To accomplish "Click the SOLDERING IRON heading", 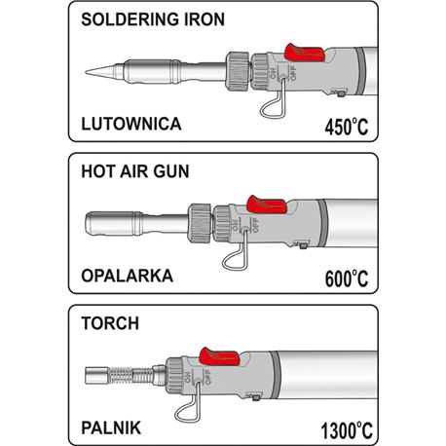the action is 153,19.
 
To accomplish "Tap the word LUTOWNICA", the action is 131,124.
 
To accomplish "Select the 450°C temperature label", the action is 347,127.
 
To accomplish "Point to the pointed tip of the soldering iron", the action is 87,72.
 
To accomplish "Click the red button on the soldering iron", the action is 305,53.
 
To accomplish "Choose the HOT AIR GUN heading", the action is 135,171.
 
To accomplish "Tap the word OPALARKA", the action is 128,276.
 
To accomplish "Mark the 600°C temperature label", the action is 347,279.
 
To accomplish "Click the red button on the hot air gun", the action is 267,204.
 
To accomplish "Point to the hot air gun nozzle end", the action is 87,223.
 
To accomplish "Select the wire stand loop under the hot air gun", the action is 235,258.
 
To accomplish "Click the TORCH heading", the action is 110,323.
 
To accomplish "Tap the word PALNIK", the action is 111,427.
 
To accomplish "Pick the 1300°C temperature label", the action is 347,430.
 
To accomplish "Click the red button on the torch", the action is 219,356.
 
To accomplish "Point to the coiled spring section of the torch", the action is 130,376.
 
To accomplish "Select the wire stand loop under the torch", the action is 188,410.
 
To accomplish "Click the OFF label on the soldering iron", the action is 293,73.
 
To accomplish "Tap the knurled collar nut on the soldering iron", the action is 237,70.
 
